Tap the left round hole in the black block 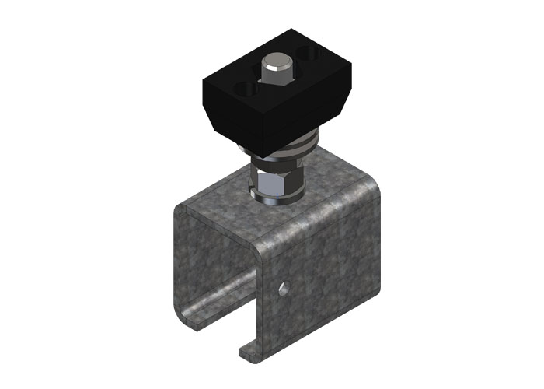(x=247, y=90)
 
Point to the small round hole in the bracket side (x=284, y=289)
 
